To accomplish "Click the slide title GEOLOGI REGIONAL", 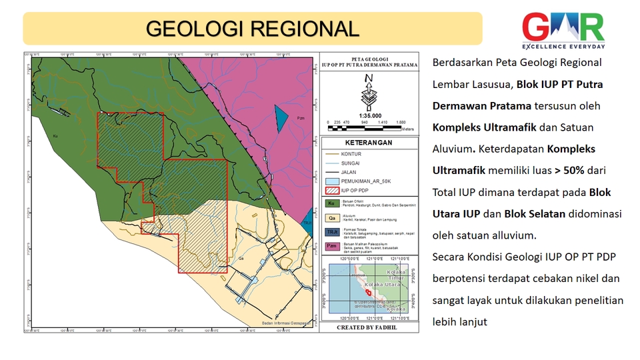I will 252,29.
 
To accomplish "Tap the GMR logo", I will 563,30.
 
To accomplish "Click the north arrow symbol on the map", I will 368,93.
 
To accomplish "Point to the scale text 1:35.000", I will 368,115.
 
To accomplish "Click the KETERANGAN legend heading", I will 368,143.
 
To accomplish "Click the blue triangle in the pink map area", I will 281,117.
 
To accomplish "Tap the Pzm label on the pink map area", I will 301,119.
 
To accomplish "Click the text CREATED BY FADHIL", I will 368,327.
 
